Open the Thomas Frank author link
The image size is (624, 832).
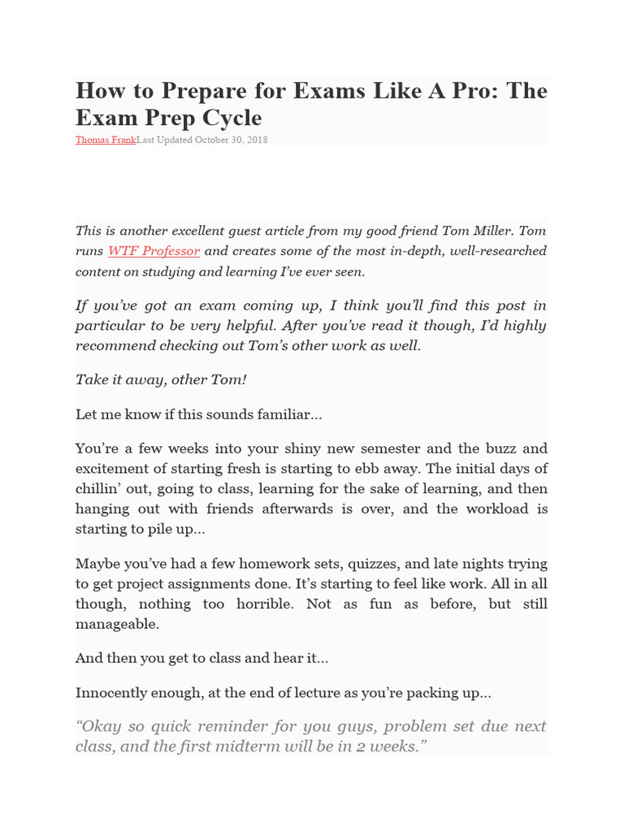tap(106, 140)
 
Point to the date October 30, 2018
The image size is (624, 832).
tap(231, 140)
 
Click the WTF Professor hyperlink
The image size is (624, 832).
tap(154, 251)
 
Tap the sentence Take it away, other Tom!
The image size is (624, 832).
tap(161, 379)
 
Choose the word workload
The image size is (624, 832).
tap(492, 509)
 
